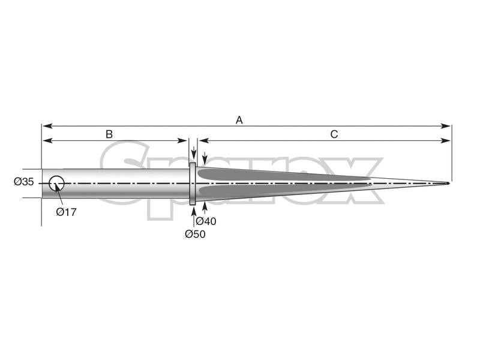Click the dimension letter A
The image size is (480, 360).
point(239,120)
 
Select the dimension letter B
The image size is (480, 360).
point(109,134)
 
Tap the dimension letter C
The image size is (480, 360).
point(334,134)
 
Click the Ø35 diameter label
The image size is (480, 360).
point(24,182)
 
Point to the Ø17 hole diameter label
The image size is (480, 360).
point(66,212)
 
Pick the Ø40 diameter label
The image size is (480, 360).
point(206,221)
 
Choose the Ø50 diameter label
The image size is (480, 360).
point(195,234)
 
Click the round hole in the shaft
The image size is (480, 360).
point(56,183)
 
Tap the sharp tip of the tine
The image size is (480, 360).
point(448,183)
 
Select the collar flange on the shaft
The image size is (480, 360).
point(193,184)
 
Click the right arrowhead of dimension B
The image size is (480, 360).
point(185,140)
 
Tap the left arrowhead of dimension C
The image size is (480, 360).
point(202,140)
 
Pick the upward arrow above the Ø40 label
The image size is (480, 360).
point(205,207)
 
